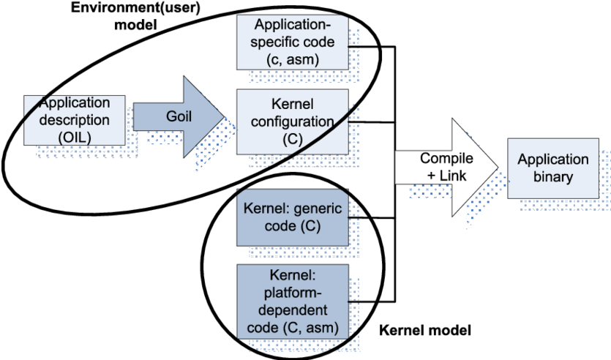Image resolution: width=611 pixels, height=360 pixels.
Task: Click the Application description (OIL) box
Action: click(74, 119)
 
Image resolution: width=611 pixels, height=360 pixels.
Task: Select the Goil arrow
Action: click(180, 117)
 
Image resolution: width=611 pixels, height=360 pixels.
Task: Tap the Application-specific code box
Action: click(292, 42)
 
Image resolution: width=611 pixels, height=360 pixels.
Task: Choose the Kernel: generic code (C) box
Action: click(292, 217)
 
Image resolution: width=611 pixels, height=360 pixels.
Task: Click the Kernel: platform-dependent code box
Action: click(292, 301)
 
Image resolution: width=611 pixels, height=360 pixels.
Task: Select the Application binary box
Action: click(552, 168)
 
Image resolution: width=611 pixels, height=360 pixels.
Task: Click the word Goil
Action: click(180, 117)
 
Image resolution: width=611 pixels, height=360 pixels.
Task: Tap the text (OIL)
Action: click(74, 135)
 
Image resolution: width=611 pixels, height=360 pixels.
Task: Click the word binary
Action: click(552, 176)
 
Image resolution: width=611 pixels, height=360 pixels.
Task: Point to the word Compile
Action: click(446, 159)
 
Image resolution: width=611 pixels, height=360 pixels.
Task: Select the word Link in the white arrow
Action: click(454, 176)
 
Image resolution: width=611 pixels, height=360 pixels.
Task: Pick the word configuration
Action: click(292, 121)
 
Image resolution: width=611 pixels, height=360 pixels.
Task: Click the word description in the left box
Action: click(74, 119)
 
